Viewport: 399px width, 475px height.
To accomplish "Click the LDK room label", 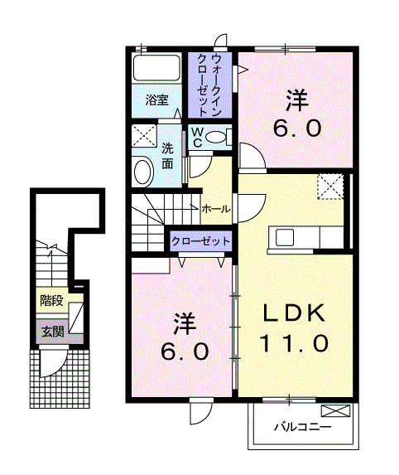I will coord(295,313).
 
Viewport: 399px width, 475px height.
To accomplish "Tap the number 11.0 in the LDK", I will coord(295,342).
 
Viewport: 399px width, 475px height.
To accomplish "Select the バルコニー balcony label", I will coord(303,428).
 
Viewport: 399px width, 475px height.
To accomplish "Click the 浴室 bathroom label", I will coord(157,100).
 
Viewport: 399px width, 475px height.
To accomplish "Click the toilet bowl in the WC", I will coord(217,137).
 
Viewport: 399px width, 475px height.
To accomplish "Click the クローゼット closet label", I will coord(200,241).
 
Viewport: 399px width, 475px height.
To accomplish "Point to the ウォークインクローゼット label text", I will coord(211,85).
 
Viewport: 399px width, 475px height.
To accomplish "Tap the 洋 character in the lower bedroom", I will coord(184,321).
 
